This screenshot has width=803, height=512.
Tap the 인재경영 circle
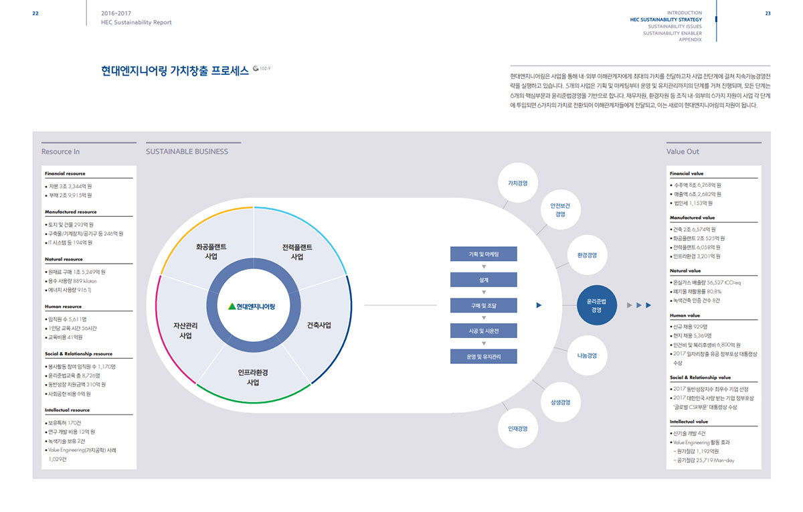point(518,428)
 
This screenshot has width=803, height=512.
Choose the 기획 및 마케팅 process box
point(483,254)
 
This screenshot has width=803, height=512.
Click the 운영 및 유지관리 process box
point(483,356)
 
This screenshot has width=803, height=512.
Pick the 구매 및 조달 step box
point(483,305)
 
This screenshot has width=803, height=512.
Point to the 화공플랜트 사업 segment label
point(211,251)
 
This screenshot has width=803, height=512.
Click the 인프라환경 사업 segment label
point(253,377)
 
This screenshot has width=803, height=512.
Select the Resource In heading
point(60,151)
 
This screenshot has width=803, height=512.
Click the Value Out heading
point(683,151)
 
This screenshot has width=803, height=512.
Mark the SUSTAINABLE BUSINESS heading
point(187,151)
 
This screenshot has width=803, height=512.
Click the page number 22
point(35,13)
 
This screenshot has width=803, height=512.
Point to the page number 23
point(768,13)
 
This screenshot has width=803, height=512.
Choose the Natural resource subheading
point(64,259)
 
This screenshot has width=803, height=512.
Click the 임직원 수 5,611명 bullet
point(68,319)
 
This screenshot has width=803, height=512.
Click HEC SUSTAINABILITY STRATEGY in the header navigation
point(666,20)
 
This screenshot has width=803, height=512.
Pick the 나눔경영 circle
point(587,355)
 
